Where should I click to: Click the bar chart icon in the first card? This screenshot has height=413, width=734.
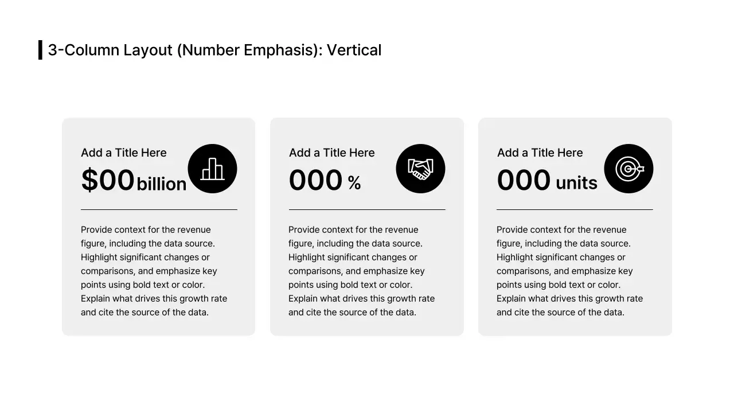click(x=212, y=169)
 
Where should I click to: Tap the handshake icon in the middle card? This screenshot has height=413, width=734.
click(x=420, y=169)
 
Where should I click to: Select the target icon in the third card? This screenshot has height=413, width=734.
click(x=628, y=169)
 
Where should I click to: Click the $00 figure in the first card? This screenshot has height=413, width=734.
click(x=108, y=180)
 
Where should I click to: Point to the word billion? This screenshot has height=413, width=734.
click(x=162, y=184)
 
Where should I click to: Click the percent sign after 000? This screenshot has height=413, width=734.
click(x=354, y=183)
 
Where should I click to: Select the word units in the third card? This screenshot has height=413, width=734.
click(x=576, y=183)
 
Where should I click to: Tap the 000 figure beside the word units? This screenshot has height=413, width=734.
click(x=524, y=180)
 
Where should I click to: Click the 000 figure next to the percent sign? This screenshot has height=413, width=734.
click(x=315, y=180)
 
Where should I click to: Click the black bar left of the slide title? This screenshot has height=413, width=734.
click(x=40, y=50)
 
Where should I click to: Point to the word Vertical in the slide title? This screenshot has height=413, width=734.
click(x=354, y=50)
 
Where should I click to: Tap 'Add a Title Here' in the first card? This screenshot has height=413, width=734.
click(x=124, y=153)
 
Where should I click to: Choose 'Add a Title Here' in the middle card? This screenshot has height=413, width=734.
click(x=332, y=153)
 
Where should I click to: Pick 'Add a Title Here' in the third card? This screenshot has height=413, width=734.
click(x=540, y=153)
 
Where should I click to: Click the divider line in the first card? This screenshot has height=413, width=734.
click(x=159, y=210)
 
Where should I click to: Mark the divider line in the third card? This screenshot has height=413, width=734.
click(x=575, y=210)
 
